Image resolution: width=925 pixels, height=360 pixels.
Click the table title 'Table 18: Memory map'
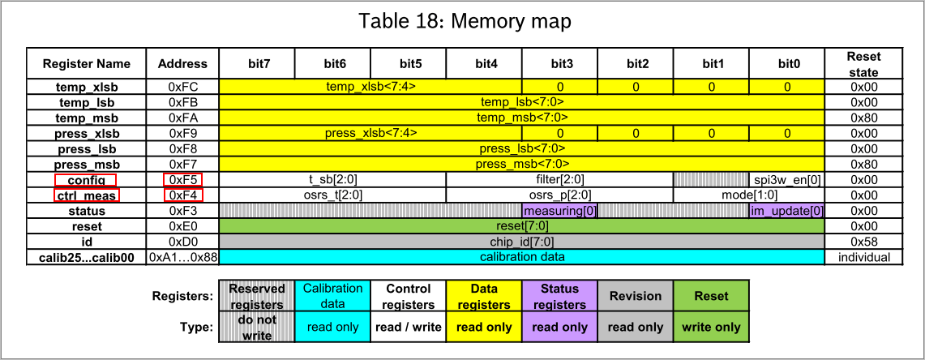point(465,22)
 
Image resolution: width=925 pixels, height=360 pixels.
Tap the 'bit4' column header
point(484,64)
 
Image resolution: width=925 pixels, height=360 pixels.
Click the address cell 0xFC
point(182,88)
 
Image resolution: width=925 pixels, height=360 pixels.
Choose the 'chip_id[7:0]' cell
point(521,242)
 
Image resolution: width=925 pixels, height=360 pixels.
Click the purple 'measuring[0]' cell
point(560,211)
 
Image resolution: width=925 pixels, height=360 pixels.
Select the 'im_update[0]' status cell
point(787,211)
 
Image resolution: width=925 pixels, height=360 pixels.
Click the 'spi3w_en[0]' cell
point(787,179)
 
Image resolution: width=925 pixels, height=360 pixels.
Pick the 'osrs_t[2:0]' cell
point(332,195)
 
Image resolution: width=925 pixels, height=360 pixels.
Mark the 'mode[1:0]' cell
point(748,195)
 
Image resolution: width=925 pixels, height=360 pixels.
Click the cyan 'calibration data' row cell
point(521,257)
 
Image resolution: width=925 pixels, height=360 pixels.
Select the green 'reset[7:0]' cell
point(521,226)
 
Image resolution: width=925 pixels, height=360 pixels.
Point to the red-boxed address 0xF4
point(183,195)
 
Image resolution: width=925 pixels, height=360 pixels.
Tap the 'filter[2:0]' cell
point(560,179)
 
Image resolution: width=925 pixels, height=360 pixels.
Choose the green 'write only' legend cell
point(711,328)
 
